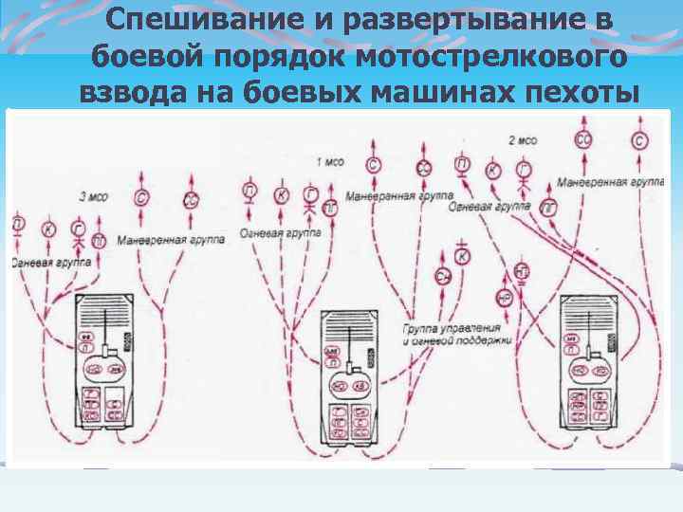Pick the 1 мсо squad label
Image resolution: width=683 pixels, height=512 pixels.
330,160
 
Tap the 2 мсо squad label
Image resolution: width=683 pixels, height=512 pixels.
523,140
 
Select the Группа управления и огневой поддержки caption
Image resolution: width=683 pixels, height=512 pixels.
457,334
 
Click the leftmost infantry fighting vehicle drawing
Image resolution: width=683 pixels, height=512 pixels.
112,361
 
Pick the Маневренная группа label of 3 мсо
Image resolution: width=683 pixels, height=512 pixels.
172,240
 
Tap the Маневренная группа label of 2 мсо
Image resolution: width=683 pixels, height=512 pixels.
610,182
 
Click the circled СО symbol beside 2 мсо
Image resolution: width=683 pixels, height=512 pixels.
581,141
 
